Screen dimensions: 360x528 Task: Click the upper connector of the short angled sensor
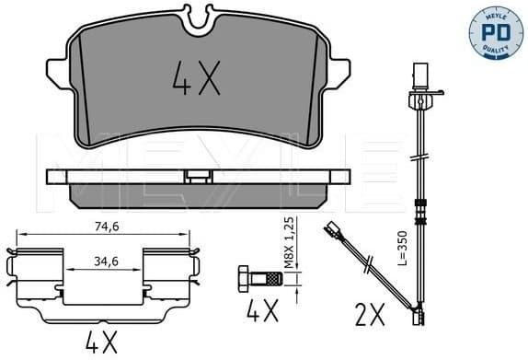pyautogui.click(x=328, y=227)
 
